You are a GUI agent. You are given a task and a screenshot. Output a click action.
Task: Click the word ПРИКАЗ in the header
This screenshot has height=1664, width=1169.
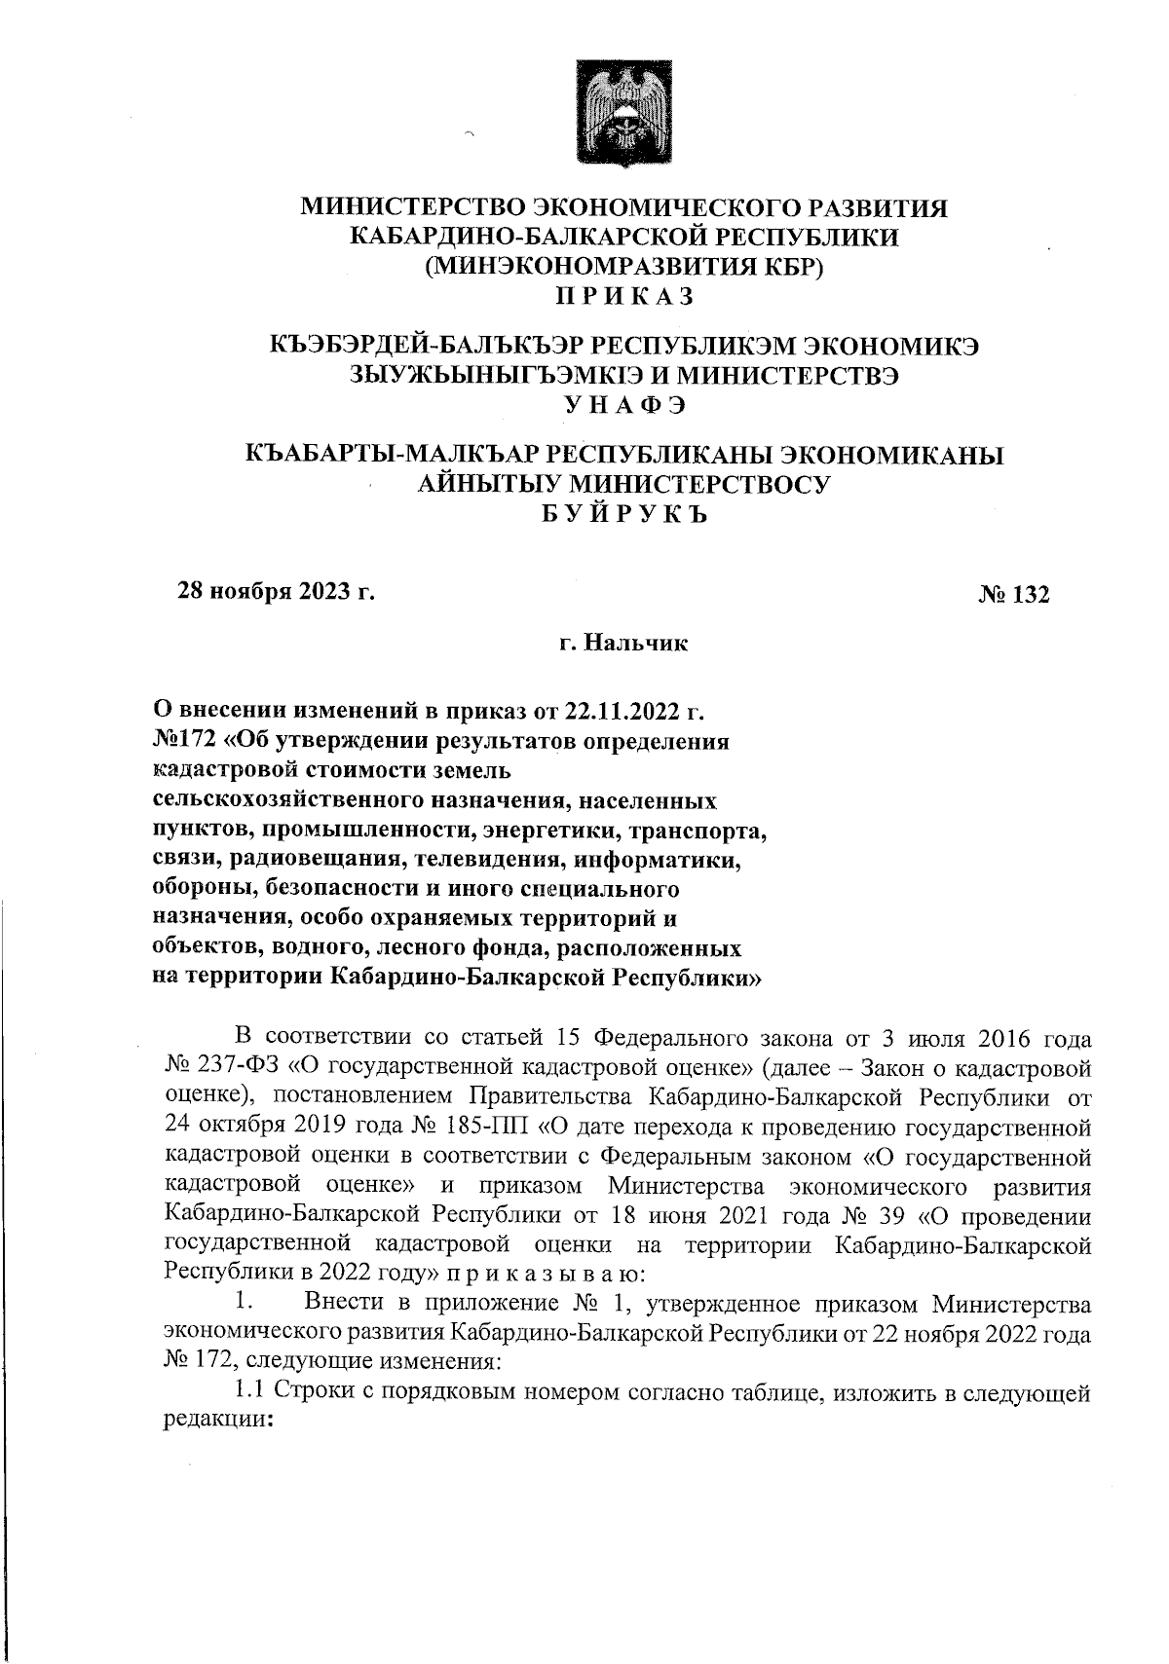624,294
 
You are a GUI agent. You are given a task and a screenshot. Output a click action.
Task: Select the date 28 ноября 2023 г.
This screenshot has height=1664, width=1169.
275,591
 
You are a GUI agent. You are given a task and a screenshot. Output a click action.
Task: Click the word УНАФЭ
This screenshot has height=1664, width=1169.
624,404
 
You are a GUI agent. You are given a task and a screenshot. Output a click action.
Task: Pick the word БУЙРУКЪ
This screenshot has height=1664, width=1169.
624,514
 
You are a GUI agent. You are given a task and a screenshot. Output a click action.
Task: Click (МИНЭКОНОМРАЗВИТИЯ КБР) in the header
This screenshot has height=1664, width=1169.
624,265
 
